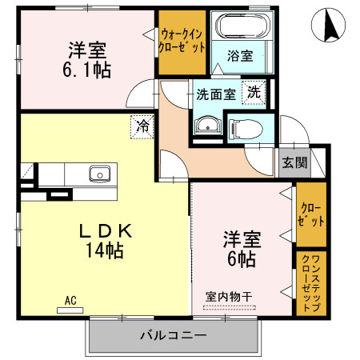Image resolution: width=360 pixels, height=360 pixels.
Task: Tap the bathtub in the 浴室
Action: (x=242, y=26)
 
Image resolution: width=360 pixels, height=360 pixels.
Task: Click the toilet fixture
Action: (x=246, y=129)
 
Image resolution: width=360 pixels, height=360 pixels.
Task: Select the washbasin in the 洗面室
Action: (x=208, y=126)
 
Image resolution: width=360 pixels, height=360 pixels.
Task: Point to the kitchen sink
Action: (x=100, y=174)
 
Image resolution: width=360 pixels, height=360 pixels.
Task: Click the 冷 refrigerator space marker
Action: (x=142, y=126)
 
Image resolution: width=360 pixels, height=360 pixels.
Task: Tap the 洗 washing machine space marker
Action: (x=254, y=92)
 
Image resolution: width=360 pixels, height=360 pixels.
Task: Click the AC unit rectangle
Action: (x=70, y=310)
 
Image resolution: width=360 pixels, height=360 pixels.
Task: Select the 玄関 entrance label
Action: (x=295, y=162)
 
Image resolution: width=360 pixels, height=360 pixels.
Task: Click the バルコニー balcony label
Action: (x=174, y=335)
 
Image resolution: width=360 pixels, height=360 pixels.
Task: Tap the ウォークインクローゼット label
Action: (x=182, y=41)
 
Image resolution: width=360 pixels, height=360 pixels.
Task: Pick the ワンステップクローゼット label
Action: (x=311, y=283)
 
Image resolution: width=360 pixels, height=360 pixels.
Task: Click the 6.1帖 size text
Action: (x=87, y=70)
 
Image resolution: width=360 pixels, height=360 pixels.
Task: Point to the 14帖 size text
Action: (x=104, y=250)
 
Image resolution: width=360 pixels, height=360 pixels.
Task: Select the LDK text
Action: (x=106, y=231)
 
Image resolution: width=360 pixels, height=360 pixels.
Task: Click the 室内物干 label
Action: (x=229, y=297)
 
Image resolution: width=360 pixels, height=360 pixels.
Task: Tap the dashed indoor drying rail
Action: (x=230, y=308)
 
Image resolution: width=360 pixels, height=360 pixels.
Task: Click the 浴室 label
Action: (x=240, y=56)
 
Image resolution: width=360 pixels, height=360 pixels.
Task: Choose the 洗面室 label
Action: (x=216, y=94)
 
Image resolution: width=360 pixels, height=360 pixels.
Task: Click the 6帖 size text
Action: (x=242, y=259)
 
